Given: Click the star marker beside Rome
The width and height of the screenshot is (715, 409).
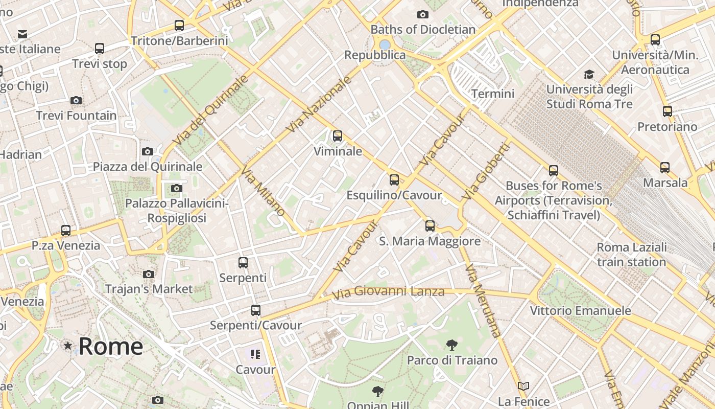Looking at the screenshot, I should [x=68, y=346].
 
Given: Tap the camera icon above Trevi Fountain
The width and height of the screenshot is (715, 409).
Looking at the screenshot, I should [x=76, y=100].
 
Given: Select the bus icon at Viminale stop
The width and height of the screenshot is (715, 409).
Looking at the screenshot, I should [x=338, y=136].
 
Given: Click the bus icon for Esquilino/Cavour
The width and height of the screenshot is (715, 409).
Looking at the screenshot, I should [x=394, y=180].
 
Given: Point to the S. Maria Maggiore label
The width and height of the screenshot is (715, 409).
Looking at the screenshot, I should [x=430, y=241].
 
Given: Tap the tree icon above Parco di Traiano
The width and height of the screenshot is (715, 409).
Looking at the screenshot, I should [x=451, y=345].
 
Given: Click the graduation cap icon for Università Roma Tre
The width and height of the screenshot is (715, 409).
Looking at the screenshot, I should [x=589, y=75].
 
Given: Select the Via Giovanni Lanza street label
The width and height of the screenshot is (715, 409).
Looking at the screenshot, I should [x=388, y=293].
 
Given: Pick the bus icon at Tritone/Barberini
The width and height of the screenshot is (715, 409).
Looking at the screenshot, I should [x=179, y=25].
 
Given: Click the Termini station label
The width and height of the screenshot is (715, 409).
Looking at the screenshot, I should [x=493, y=94].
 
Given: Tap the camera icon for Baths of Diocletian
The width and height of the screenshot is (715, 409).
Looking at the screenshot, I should [x=423, y=14].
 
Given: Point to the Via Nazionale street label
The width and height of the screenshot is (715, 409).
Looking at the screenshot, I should [x=320, y=104].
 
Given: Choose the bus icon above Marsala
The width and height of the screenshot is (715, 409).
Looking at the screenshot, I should [x=665, y=167].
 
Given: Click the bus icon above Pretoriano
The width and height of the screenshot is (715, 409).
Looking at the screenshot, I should [x=667, y=111].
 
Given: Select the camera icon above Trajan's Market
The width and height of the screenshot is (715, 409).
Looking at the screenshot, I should [x=149, y=274].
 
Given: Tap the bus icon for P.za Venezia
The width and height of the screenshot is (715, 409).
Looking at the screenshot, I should [x=66, y=230].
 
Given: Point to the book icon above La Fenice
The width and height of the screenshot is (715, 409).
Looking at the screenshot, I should [x=523, y=386].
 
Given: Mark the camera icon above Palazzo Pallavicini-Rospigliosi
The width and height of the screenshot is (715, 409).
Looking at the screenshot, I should [x=176, y=189].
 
